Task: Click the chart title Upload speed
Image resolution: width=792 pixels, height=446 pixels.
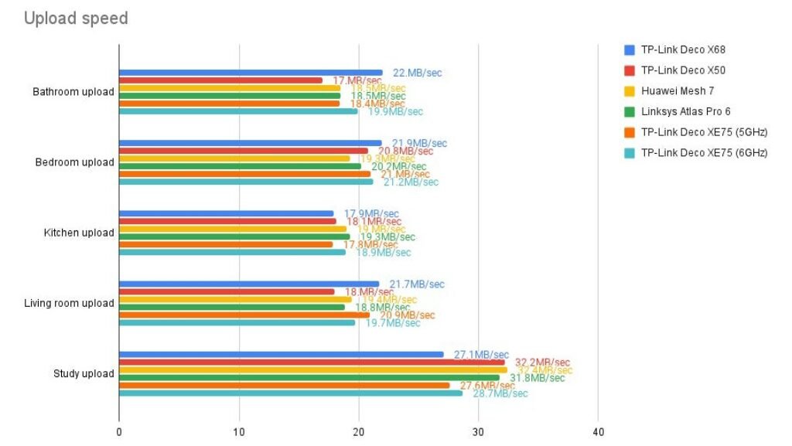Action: click(76, 19)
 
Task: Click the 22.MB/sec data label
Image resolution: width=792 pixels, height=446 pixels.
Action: click(418, 73)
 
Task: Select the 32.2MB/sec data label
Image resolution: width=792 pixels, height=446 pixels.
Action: click(542, 362)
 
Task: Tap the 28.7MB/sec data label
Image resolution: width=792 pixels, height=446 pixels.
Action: click(500, 393)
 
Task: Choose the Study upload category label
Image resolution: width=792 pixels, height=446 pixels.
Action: click(84, 373)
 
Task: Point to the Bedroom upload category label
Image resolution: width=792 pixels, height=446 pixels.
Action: click(75, 162)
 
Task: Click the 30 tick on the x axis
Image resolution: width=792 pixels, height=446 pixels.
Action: click(478, 431)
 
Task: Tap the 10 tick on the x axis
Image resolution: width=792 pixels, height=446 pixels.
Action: click(239, 431)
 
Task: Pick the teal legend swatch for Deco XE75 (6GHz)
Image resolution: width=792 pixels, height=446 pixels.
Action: click(630, 153)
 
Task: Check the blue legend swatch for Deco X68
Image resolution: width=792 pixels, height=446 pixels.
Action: click(630, 50)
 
